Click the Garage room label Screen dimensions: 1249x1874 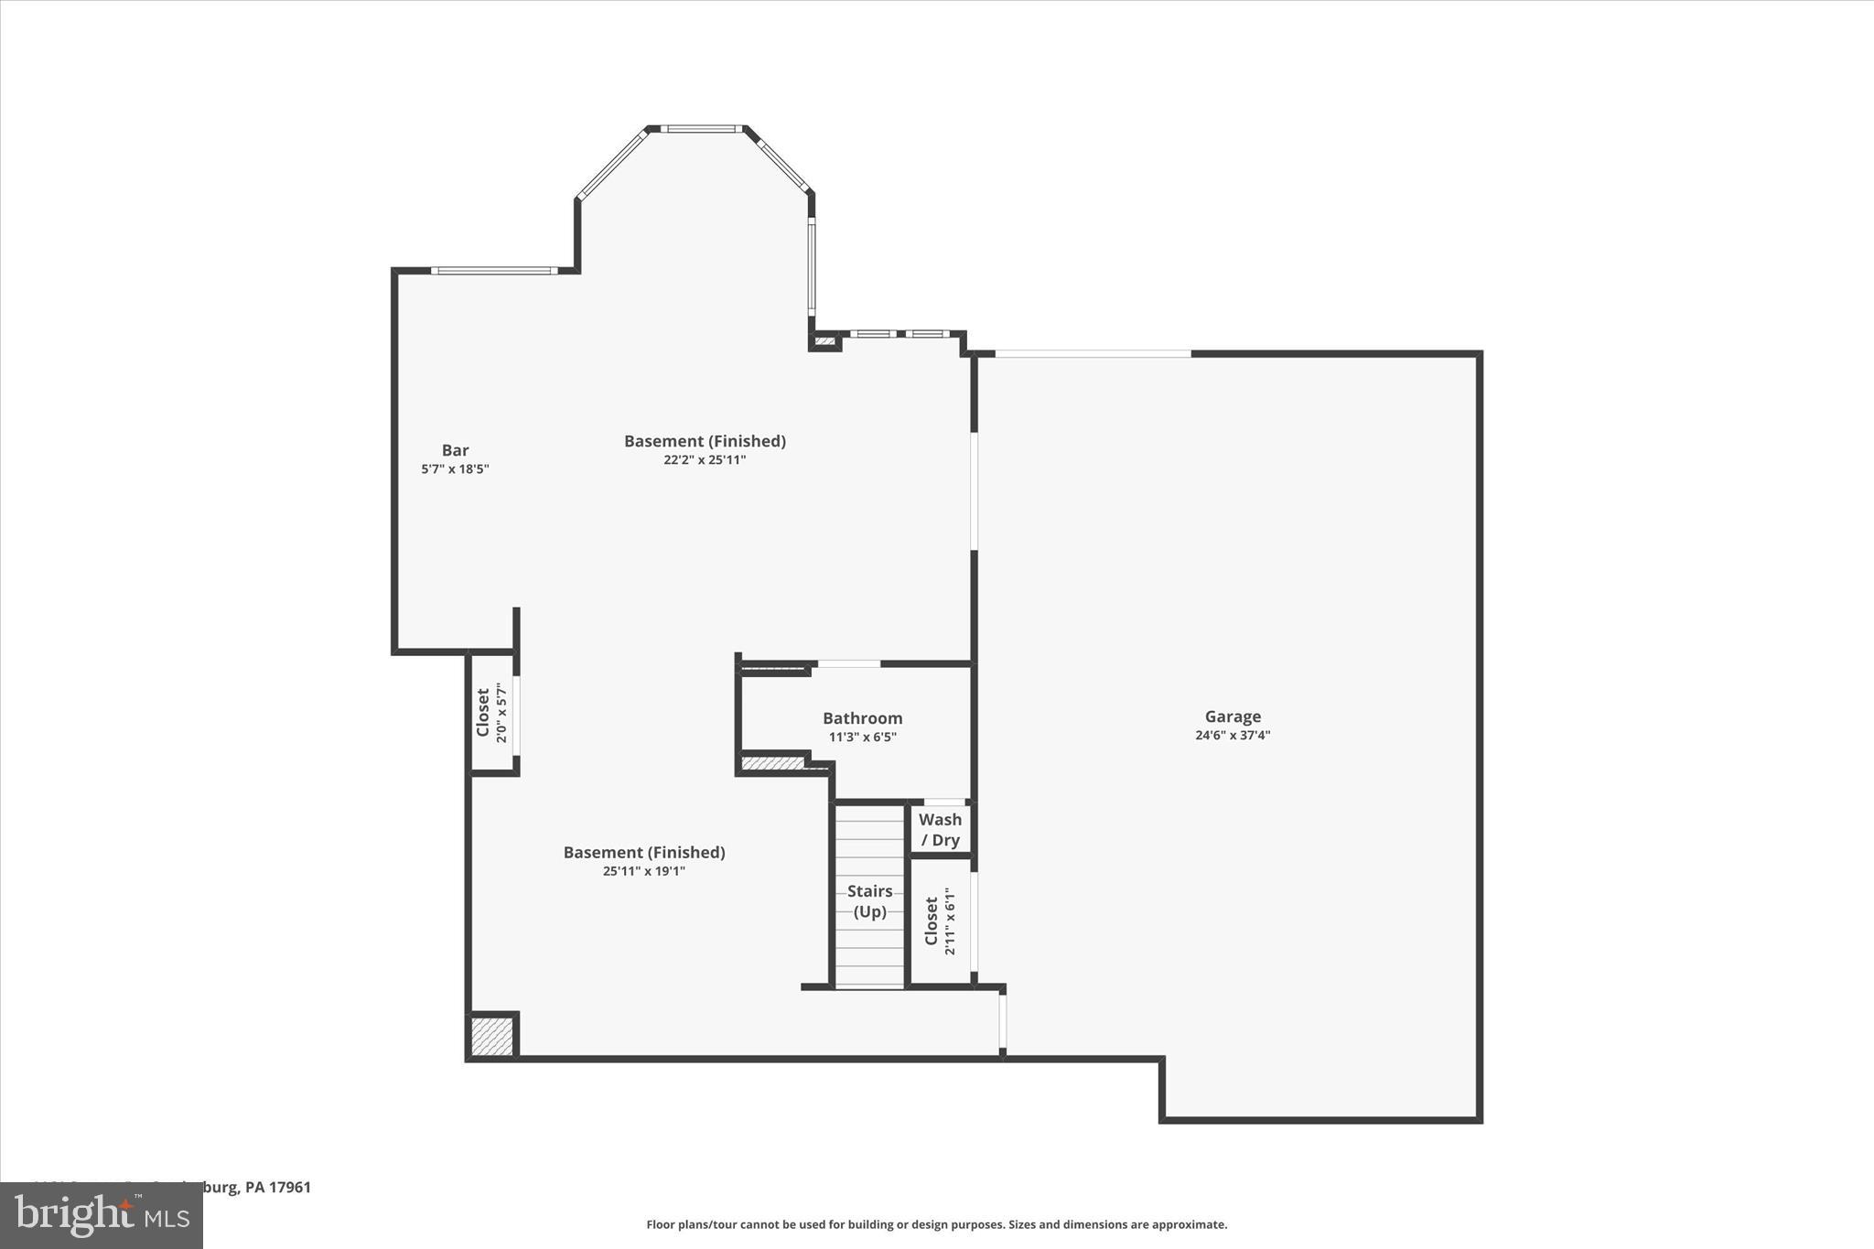coord(1232,716)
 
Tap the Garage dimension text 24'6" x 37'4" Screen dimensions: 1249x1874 coord(1232,735)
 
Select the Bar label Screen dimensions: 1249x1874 coord(455,450)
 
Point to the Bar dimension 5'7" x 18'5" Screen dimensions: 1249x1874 coord(455,468)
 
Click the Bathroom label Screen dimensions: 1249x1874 coord(862,718)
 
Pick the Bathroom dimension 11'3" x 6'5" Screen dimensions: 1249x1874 coord(862,737)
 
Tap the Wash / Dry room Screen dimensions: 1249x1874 coord(940,829)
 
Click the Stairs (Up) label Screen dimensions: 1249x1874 coord(869,900)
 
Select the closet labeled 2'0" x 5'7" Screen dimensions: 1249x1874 coord(490,713)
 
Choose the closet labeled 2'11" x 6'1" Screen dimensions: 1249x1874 coord(940,921)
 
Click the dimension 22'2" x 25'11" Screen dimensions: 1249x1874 coord(705,459)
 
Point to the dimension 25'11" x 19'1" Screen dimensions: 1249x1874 coord(643,871)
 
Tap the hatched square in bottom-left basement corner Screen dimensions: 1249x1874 coord(492,1037)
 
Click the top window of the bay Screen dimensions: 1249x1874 coord(702,129)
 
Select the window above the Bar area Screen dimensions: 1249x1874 coord(494,271)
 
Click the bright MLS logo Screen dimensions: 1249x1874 coord(101,1215)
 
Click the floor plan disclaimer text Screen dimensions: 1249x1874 coord(936,1224)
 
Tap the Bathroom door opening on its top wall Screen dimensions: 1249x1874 coord(848,663)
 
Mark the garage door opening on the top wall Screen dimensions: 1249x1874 coord(1093,353)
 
